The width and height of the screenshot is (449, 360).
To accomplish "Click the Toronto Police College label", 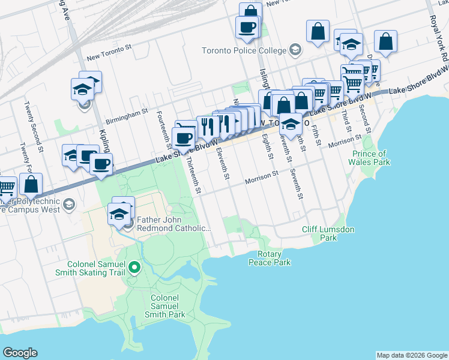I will point(244,50).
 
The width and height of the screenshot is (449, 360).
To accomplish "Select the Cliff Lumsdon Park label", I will point(328,233).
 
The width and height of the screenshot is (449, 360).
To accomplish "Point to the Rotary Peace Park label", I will point(270,259).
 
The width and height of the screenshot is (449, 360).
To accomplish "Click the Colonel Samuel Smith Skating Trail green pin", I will point(134,268).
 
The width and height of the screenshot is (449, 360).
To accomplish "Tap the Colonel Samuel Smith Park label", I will point(164,306).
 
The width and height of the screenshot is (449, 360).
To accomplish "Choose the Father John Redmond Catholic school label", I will point(174,224).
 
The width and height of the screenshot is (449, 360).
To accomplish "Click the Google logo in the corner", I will point(20,353).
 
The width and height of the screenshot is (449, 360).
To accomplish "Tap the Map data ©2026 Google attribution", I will point(412,355).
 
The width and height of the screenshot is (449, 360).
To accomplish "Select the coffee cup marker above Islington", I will point(247,27).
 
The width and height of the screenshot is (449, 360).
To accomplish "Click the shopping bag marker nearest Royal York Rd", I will point(385,41).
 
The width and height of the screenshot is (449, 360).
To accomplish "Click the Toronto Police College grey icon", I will point(295,50).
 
